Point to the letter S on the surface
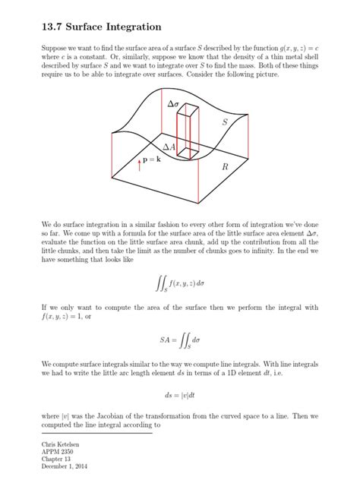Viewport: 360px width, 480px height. [225, 122]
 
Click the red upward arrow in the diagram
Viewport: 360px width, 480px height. [140, 164]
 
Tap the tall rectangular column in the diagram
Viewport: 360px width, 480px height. [188, 133]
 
